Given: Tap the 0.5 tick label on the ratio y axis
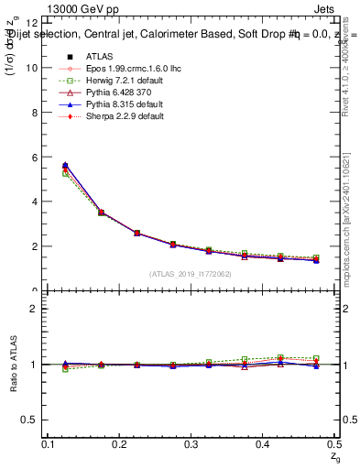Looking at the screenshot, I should click(x=30, y=420).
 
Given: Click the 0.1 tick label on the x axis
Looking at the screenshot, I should click(x=49, y=444).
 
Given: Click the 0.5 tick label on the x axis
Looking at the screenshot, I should click(x=335, y=444).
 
